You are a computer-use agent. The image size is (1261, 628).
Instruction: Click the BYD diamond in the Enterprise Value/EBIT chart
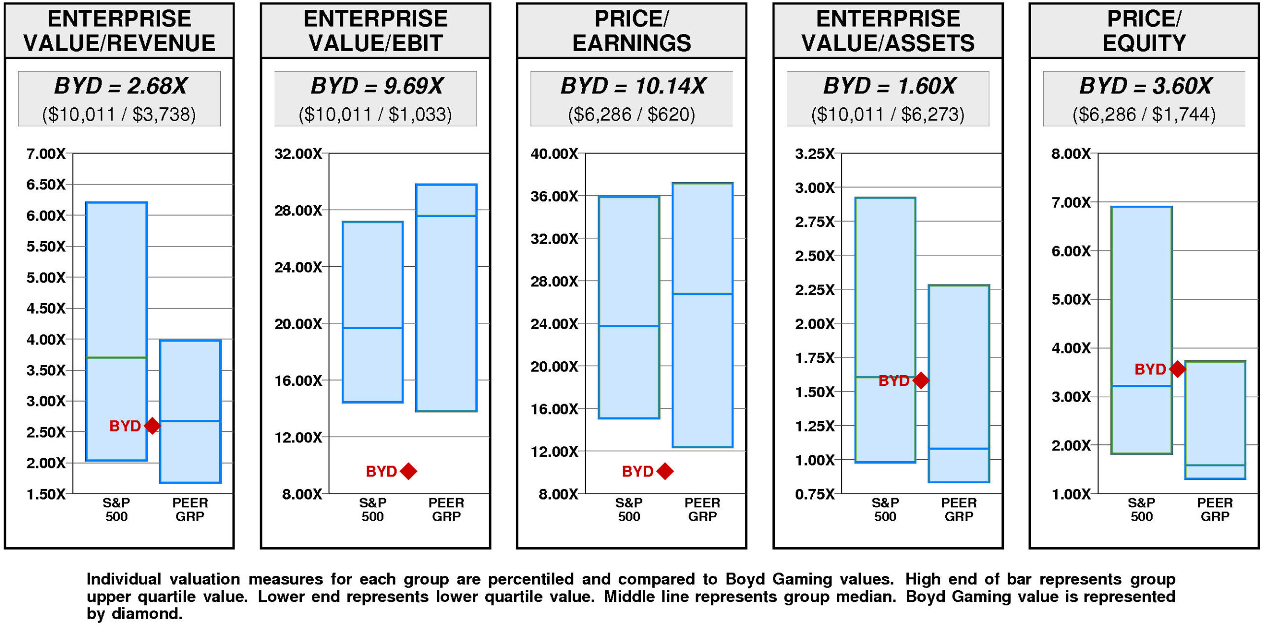[408, 471]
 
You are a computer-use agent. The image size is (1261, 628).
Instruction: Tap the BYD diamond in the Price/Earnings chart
[665, 471]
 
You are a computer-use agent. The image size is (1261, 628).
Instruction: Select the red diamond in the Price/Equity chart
[1177, 369]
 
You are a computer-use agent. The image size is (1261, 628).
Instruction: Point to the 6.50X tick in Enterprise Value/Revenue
[46, 185]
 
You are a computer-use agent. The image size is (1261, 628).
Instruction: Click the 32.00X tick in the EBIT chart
[298, 154]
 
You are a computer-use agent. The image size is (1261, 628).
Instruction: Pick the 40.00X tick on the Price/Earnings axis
[554, 154]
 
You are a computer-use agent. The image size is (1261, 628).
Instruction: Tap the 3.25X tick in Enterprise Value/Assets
[815, 154]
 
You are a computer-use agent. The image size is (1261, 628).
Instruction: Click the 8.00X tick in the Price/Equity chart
[1071, 154]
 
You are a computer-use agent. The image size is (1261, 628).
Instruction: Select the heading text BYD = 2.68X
[120, 86]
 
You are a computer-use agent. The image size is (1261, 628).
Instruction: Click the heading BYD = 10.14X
[632, 86]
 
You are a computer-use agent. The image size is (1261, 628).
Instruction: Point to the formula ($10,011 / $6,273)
[888, 115]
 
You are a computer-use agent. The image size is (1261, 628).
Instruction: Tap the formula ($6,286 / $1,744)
[1144, 115]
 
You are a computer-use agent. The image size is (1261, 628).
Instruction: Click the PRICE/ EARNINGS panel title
[631, 31]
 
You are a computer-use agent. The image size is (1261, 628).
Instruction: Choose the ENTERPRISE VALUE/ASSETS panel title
[888, 31]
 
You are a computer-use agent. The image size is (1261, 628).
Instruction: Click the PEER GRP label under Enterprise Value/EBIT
[446, 509]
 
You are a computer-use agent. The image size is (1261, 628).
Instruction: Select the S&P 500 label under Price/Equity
[1141, 509]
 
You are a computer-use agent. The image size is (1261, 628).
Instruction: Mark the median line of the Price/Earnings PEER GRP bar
[702, 294]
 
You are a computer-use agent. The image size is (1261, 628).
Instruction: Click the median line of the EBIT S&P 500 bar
[373, 328]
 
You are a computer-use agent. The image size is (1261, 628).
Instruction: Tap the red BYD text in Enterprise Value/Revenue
[125, 426]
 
